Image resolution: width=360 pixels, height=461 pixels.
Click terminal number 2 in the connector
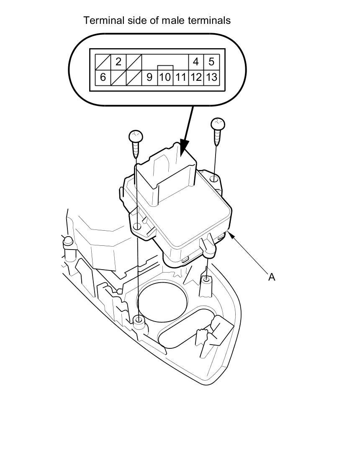tap(118, 62)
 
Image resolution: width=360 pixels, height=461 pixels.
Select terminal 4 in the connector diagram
tap(196, 62)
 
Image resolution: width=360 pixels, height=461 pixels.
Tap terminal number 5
tap(211, 62)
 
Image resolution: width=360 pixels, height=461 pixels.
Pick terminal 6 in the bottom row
tap(103, 77)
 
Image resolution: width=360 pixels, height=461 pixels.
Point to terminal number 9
tap(149, 77)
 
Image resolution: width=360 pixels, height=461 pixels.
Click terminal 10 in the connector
tap(165, 77)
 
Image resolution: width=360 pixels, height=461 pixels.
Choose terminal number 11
tap(180, 77)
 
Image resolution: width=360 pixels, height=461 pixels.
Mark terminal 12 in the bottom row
tap(196, 77)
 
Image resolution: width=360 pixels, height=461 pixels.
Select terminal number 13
tap(211, 77)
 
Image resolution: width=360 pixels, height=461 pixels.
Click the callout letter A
tap(272, 277)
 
